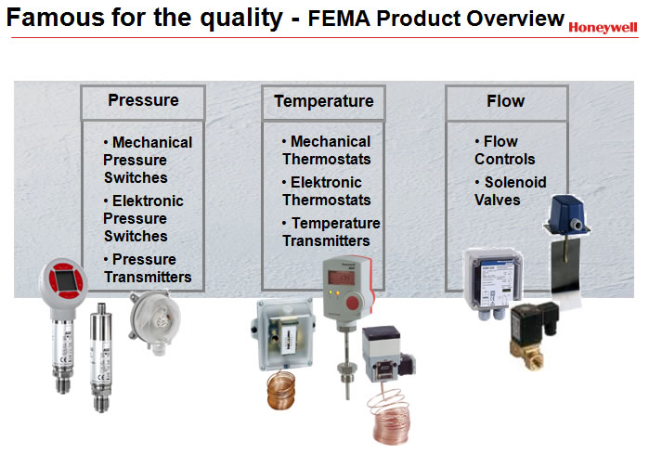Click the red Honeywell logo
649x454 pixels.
tap(603, 27)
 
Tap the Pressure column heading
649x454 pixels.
tap(143, 100)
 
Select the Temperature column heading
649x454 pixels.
tap(324, 101)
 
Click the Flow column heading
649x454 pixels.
tap(505, 101)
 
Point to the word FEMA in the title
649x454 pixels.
tap(339, 19)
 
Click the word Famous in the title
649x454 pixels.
tap(56, 18)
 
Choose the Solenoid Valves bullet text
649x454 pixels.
tap(511, 190)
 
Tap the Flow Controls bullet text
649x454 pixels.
tap(504, 150)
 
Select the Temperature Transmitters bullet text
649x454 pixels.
tap(331, 232)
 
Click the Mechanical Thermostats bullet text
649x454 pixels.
tap(327, 150)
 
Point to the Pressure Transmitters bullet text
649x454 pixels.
tap(148, 268)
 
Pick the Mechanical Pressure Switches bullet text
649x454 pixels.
tap(148, 160)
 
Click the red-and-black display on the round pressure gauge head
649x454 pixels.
tap(66, 279)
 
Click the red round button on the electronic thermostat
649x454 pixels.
tap(353, 303)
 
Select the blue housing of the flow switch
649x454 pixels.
tap(566, 215)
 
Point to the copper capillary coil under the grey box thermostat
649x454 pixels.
tap(281, 390)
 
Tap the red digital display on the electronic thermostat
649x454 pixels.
tap(341, 278)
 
